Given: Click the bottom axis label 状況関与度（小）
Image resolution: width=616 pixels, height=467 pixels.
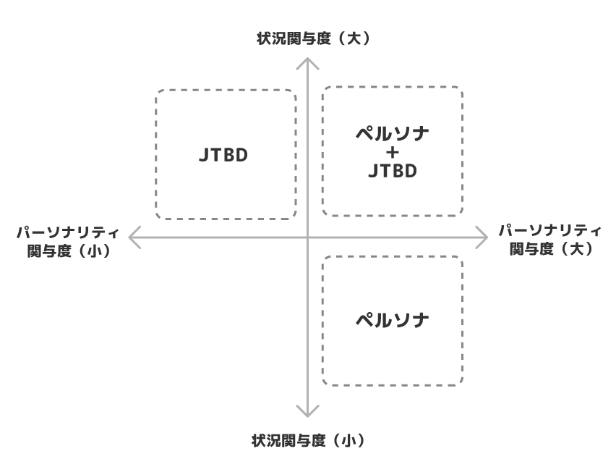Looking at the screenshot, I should pyautogui.click(x=308, y=439).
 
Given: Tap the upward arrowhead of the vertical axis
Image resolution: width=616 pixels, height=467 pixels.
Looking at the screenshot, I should pyautogui.click(x=308, y=64).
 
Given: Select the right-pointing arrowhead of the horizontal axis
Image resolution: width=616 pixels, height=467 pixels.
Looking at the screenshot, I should pyautogui.click(x=486, y=236).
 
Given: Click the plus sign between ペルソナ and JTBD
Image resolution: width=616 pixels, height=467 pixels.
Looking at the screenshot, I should pyautogui.click(x=393, y=153).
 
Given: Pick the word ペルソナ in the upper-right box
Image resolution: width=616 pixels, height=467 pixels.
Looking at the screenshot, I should pyautogui.click(x=393, y=135).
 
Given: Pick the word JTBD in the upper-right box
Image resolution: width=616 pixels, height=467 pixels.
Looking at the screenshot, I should pyautogui.click(x=393, y=172).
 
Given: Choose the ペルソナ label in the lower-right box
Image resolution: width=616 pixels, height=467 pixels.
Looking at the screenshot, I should pyautogui.click(x=393, y=319).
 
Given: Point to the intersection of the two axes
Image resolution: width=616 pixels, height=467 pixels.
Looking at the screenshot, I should pyautogui.click(x=308, y=236).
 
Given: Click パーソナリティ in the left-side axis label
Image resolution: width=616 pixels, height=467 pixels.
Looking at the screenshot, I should pyautogui.click(x=68, y=232).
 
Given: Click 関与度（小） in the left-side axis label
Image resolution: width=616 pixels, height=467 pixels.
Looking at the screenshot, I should pyautogui.click(x=68, y=251).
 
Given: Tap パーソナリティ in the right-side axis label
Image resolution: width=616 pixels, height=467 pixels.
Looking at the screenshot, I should pyautogui.click(x=550, y=230).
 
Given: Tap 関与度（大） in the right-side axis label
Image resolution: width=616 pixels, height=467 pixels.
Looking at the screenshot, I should pyautogui.click(x=550, y=248).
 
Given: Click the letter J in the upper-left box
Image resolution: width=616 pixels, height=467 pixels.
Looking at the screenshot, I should pyautogui.click(x=202, y=155).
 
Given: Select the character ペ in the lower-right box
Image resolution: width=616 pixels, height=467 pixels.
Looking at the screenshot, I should pyautogui.click(x=364, y=319).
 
